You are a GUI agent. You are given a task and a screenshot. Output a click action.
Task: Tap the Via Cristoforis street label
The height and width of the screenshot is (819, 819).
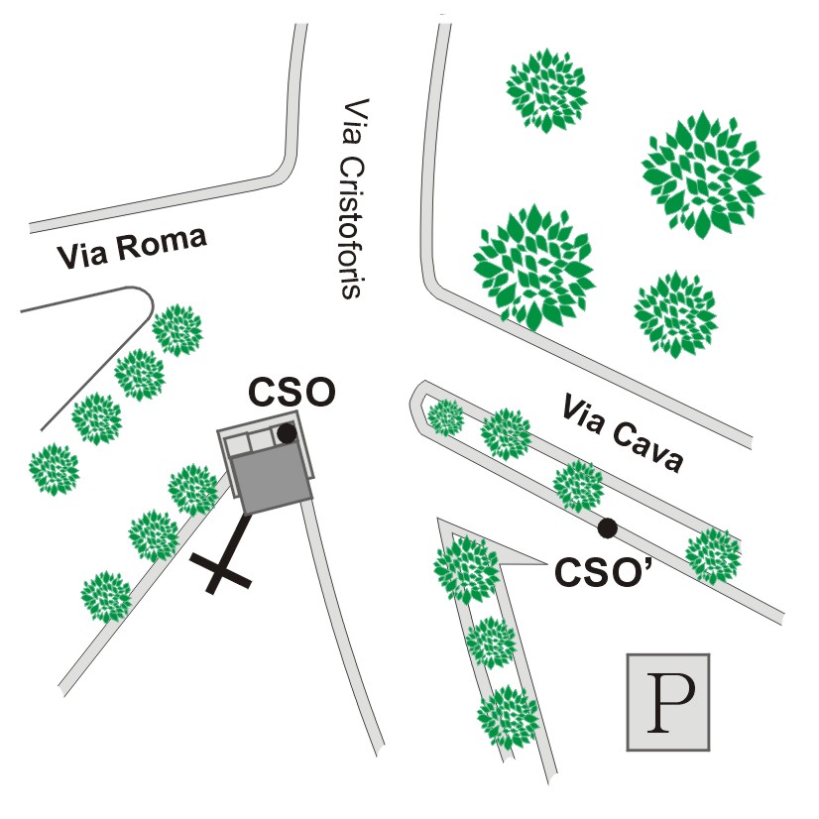(352, 198)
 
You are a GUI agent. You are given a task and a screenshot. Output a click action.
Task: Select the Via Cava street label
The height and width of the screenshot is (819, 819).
(622, 434)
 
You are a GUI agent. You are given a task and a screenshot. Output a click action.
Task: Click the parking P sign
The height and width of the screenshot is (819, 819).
(668, 702)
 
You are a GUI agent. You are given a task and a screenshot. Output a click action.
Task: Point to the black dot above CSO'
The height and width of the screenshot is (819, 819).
(608, 528)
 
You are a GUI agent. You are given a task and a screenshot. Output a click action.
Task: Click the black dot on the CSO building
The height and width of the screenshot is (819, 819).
(287, 433)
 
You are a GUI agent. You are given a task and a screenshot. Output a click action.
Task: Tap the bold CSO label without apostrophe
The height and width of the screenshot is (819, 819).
(292, 393)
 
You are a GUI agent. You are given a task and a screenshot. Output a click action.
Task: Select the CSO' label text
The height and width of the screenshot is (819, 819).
(604, 572)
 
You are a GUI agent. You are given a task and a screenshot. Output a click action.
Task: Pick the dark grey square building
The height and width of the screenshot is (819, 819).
(270, 481)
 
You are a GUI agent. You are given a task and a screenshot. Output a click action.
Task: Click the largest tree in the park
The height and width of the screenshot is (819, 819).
(703, 174)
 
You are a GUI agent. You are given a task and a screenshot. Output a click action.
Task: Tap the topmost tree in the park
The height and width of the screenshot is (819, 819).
(546, 90)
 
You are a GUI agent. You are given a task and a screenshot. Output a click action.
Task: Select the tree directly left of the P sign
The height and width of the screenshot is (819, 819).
(508, 717)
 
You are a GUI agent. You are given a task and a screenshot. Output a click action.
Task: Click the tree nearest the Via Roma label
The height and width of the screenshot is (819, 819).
(177, 330)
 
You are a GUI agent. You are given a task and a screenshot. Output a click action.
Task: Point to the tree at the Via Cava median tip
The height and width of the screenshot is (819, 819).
(446, 417)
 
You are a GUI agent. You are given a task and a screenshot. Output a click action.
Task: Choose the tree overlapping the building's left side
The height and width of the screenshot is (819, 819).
(193, 490)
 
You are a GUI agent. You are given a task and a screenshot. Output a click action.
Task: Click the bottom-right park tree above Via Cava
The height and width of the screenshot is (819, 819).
(675, 314)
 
